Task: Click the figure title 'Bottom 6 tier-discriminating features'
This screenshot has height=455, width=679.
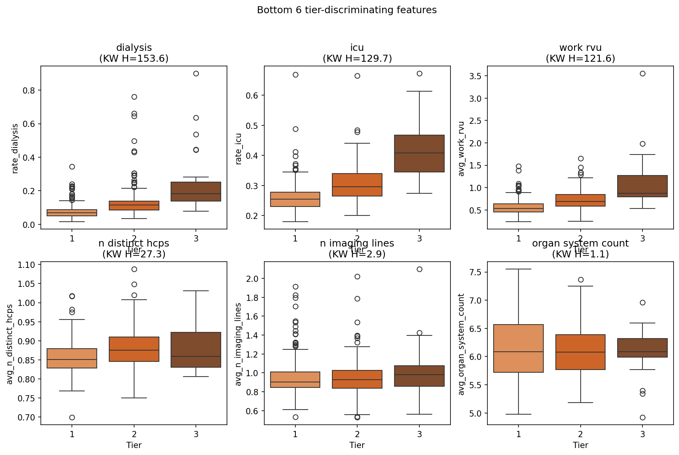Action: pos(347,10)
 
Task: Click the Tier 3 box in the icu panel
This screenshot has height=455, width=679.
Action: pos(419,153)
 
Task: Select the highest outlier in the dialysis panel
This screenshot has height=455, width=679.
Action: pos(196,73)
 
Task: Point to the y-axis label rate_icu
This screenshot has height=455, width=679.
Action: pos(239,149)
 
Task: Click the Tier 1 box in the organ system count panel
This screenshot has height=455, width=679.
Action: pos(518,348)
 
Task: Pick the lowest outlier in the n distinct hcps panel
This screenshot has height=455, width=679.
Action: pos(72,417)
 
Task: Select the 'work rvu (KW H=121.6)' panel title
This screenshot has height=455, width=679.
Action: pos(580,53)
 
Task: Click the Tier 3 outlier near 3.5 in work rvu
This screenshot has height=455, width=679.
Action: pos(642,73)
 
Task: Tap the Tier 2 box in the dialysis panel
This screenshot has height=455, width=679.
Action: pos(134,205)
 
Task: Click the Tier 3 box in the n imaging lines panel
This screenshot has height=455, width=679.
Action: pos(419,376)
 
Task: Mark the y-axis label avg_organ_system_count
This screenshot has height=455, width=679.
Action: pos(462,344)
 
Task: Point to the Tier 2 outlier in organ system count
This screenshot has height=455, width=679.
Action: pos(581,280)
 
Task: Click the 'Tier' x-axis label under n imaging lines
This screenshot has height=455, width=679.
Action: pos(357,445)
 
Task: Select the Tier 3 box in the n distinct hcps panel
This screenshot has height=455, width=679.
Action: pos(196,350)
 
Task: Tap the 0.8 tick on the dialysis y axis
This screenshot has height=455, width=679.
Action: pos(30,90)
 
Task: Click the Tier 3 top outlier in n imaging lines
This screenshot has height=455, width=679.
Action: pos(419,269)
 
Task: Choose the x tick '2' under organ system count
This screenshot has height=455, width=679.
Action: pos(580,434)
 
